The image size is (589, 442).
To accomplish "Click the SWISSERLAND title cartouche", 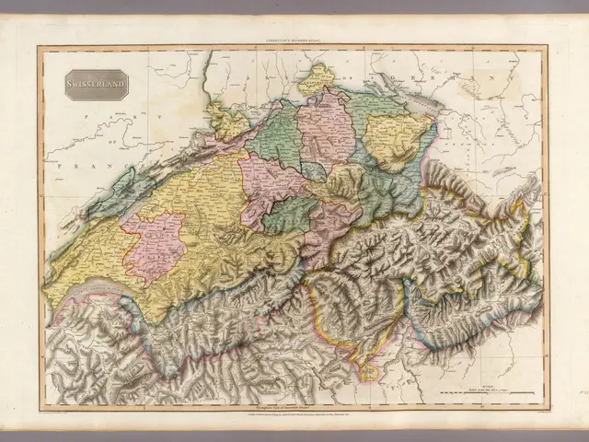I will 96,87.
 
